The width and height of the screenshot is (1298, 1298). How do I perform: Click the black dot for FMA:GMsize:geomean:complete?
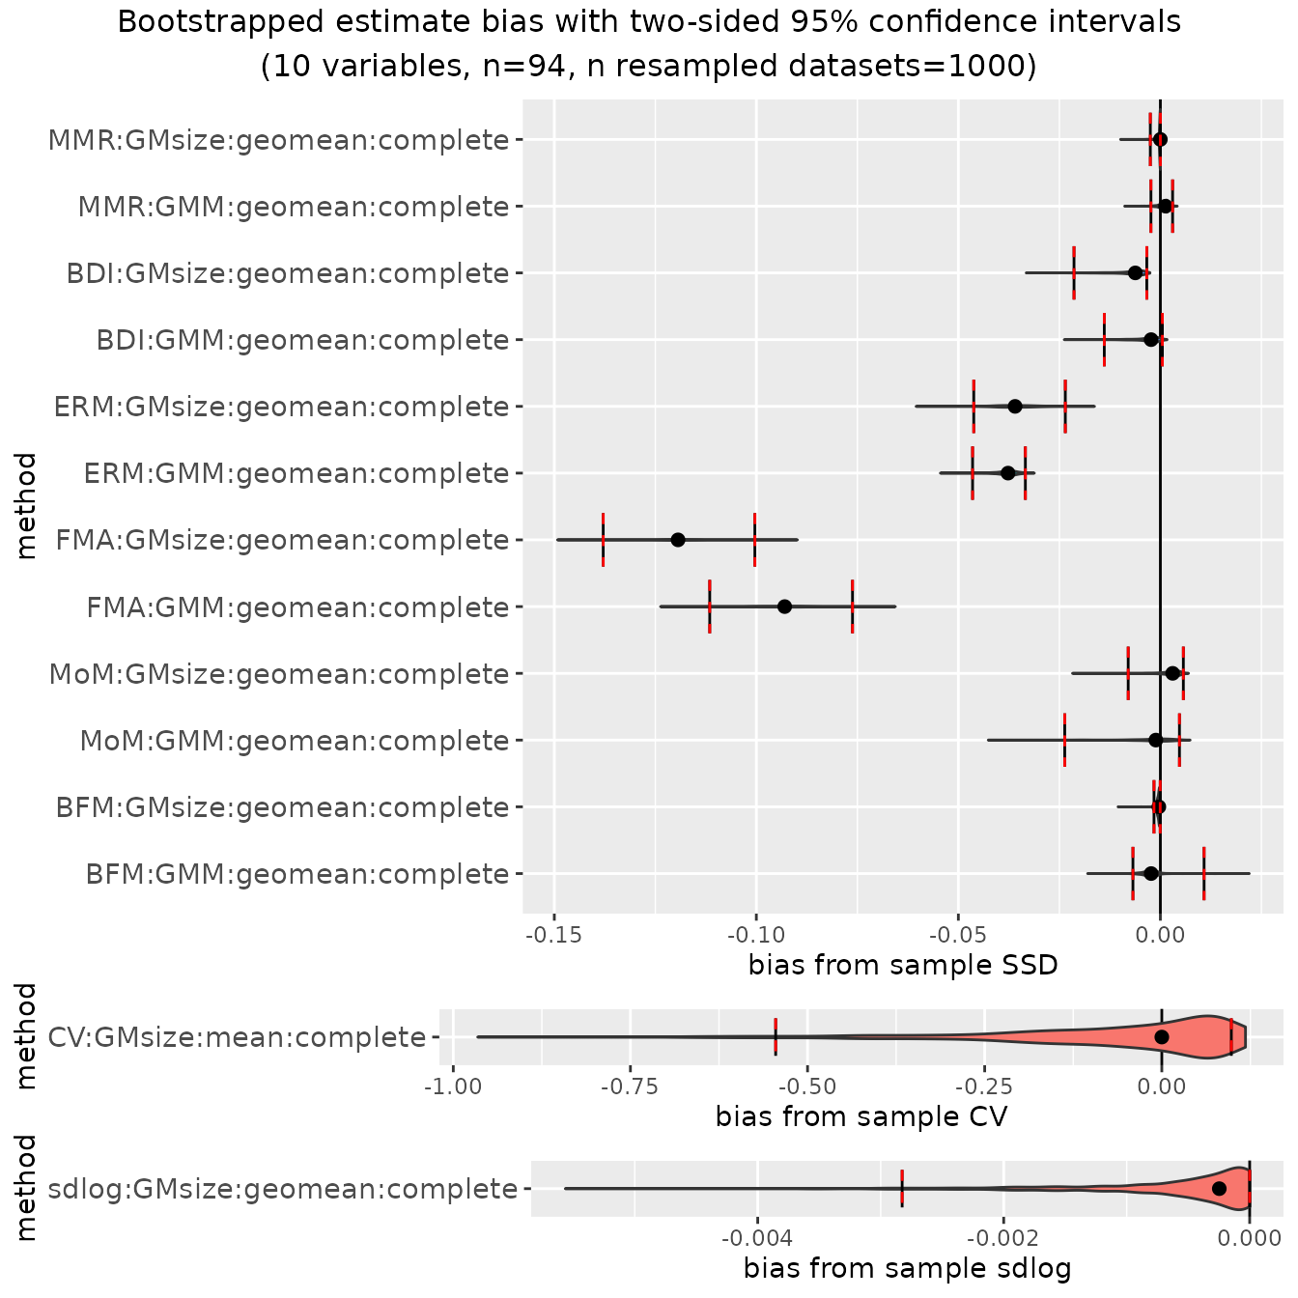pos(678,539)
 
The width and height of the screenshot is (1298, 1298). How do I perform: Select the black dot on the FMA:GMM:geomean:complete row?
pos(784,607)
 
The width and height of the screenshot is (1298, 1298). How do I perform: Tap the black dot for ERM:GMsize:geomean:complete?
pos(1015,406)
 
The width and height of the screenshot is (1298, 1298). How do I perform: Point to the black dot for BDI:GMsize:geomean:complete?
pos(1136,272)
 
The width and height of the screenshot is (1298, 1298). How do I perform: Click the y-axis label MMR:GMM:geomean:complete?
pos(294,207)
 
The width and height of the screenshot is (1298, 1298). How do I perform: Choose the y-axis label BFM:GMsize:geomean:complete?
pos(282,807)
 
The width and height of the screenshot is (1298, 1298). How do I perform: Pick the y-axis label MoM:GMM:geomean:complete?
pos(295,741)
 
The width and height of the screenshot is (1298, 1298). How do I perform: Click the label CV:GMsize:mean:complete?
pos(237,1037)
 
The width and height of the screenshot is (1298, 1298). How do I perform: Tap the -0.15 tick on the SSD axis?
pos(554,934)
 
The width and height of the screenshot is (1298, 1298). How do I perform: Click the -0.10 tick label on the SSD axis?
pos(756,934)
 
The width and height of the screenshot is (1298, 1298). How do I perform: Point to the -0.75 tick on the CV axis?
pos(630,1086)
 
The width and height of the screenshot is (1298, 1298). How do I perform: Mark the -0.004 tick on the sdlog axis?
pos(757,1237)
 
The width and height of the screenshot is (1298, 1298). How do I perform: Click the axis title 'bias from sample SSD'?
pos(903,965)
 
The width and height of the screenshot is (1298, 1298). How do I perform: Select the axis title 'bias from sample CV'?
pos(861,1116)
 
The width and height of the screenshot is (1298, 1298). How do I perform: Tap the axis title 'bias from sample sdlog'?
pos(907,1268)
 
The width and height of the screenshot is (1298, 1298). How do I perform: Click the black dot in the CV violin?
pos(1162,1037)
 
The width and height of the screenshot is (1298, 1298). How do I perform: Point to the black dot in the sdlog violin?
pos(1219,1189)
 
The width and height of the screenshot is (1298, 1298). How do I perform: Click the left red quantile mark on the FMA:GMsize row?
pos(603,539)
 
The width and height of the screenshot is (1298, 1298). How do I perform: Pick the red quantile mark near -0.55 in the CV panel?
pos(776,1036)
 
